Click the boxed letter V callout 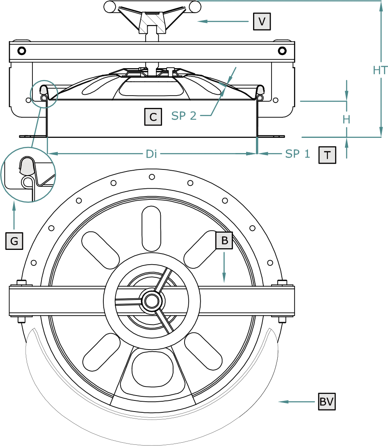(262, 21)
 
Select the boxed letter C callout (153, 117)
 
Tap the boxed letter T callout (327, 155)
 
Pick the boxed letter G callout (14, 241)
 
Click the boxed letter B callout (224, 240)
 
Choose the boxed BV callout (327, 401)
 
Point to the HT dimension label (380, 70)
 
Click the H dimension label (346, 120)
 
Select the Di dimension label (151, 154)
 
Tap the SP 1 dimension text (297, 154)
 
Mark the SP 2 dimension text (184, 116)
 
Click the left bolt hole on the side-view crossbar (22, 51)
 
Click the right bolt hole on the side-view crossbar (282, 51)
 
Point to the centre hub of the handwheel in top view (152, 301)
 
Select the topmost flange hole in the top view (152, 177)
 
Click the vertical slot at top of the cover (151, 229)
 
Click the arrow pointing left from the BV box (297, 402)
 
